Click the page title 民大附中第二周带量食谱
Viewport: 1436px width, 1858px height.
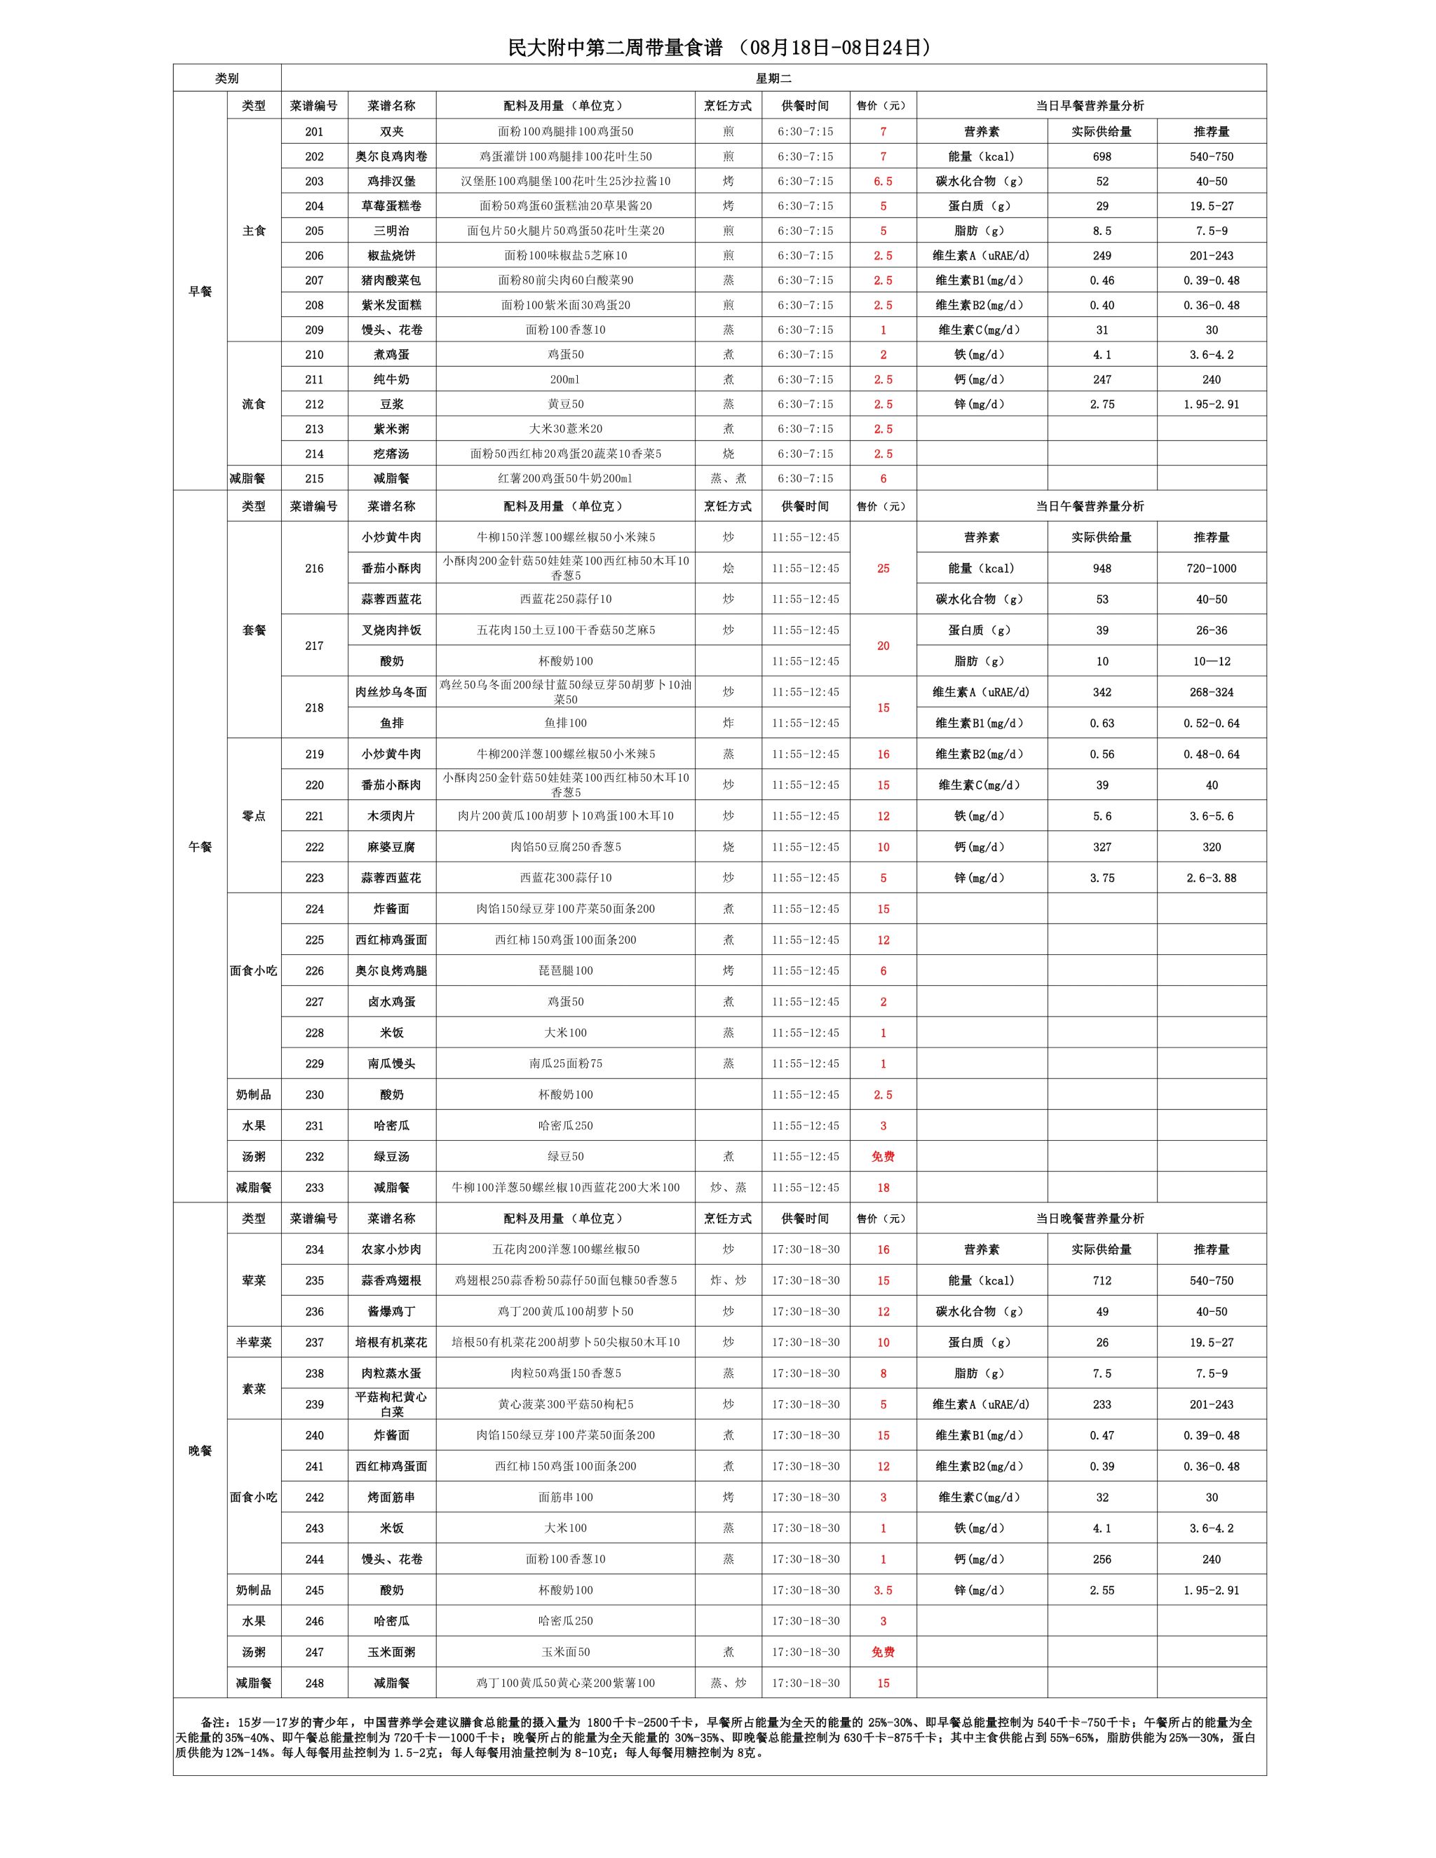pos(614,48)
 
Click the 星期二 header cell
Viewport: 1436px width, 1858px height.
pos(773,79)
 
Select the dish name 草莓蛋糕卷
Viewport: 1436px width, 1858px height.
pos(391,206)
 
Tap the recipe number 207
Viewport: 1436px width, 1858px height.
pos(314,280)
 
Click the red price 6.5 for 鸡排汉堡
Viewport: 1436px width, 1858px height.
pos(883,181)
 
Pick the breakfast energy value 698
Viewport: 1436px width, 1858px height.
pos(1102,156)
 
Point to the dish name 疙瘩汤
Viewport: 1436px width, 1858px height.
pos(391,454)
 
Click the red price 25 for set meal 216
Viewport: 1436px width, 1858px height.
pos(883,569)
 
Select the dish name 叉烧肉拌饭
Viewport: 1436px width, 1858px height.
pos(391,630)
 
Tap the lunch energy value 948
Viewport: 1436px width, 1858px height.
pos(1102,569)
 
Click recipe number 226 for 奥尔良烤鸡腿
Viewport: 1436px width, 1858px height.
pos(314,970)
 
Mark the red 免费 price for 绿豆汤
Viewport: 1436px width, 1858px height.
pos(883,1156)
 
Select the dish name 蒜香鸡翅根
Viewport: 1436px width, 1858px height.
pos(391,1280)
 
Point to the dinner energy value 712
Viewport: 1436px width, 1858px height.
pos(1102,1280)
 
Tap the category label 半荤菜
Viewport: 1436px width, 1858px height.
pos(254,1343)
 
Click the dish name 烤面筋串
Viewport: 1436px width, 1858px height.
pos(391,1498)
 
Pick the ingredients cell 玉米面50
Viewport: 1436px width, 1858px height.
pos(566,1652)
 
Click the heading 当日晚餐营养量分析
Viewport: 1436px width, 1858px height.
pos(1090,1219)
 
